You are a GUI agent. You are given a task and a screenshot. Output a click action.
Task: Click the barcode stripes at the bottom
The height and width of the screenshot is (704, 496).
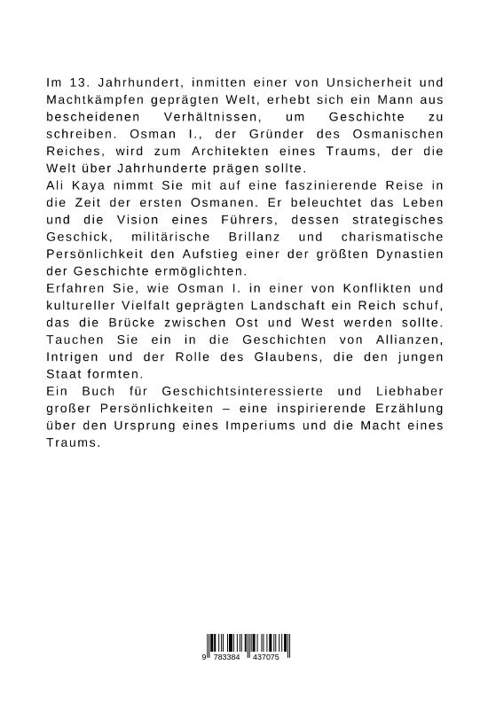(248, 645)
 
